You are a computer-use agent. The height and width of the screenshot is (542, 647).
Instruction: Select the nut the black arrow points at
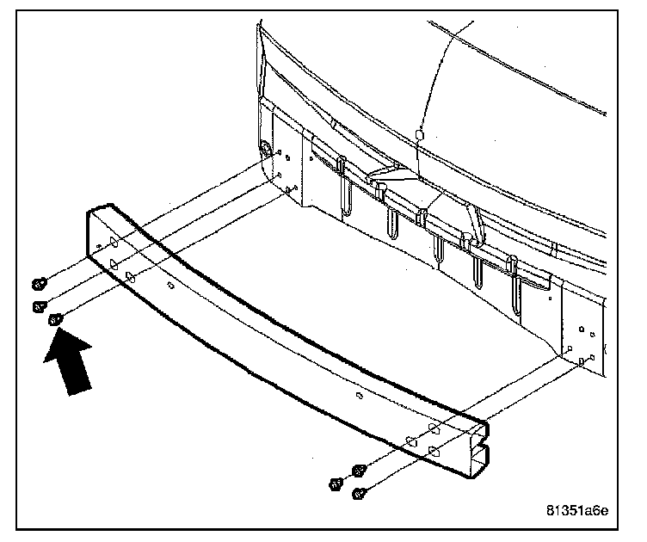click(56, 321)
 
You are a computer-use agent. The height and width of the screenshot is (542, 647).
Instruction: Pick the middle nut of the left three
click(38, 305)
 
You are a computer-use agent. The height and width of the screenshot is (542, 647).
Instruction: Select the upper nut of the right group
click(360, 470)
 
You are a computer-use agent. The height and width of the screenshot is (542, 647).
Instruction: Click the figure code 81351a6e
click(577, 509)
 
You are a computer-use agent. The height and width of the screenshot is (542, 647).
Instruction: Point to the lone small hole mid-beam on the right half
click(359, 397)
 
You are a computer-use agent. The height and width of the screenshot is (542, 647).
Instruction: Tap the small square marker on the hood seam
click(417, 135)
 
